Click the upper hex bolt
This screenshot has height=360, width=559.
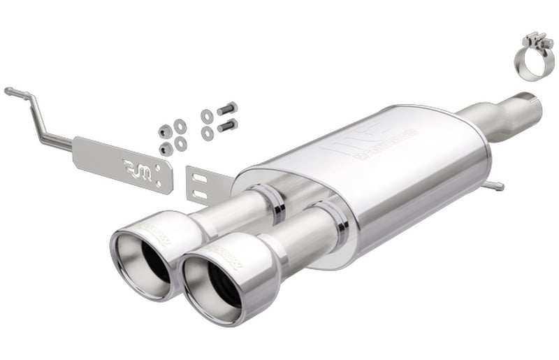click(x=227, y=109)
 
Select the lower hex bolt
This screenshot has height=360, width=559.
click(x=227, y=126)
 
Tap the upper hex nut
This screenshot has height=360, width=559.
click(x=166, y=131)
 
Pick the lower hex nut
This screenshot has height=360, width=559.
click(x=166, y=148)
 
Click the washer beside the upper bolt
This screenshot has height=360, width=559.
click(x=207, y=115)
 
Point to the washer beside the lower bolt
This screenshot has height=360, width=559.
click(x=207, y=133)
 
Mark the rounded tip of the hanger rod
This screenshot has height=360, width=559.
click(x=8, y=90)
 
